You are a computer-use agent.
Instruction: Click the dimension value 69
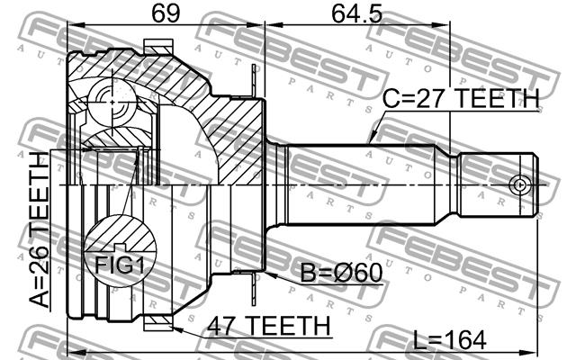166,13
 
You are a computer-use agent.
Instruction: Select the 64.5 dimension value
357,13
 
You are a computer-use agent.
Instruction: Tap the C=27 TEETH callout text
461,98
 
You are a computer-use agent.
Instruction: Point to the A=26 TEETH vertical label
40,229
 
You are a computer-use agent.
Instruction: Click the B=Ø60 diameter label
342,273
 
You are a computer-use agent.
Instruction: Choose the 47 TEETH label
268,326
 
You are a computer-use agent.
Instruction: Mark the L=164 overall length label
449,340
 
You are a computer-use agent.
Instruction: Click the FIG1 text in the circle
120,265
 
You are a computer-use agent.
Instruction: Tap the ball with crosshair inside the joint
112,103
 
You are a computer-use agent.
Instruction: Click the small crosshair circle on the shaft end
519,184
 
